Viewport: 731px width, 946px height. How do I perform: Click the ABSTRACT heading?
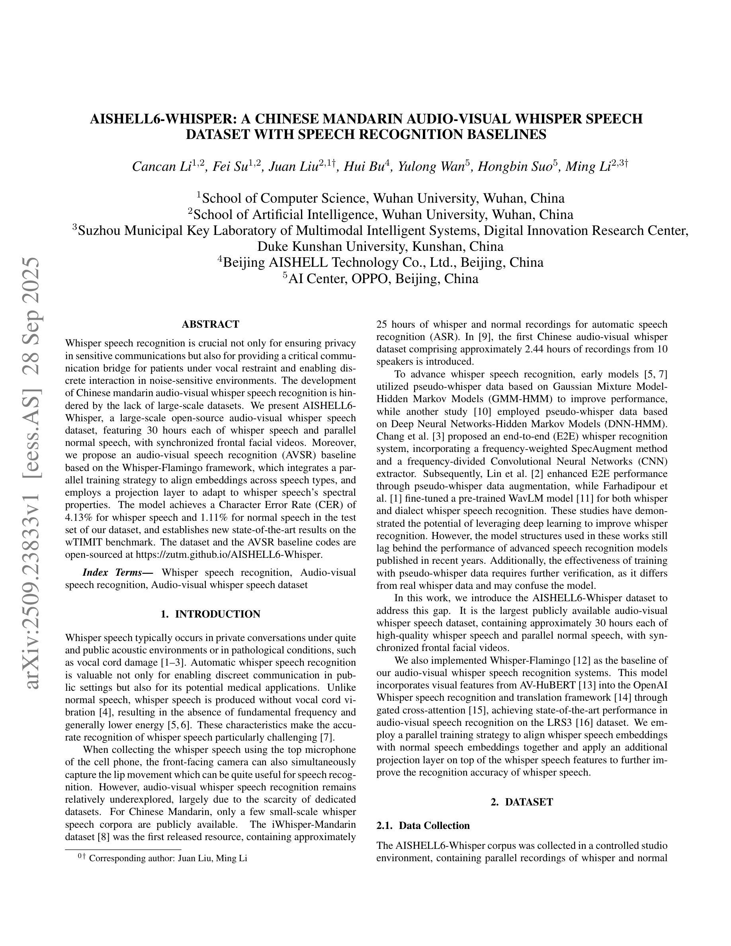coord(210,324)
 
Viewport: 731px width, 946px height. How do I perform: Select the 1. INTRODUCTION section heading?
coord(210,614)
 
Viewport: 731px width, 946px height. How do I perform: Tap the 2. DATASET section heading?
coord(522,802)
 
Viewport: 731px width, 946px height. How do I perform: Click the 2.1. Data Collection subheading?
coord(423,826)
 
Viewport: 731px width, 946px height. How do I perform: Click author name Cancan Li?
coord(162,167)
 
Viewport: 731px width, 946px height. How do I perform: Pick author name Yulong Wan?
coord(431,167)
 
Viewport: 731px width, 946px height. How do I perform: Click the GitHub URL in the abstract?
coord(229,555)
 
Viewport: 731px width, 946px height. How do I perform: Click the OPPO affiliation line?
coord(381,279)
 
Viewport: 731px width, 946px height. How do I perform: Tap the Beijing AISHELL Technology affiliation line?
coord(381,263)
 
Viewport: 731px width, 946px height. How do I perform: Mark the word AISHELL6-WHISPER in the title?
coord(160,119)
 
